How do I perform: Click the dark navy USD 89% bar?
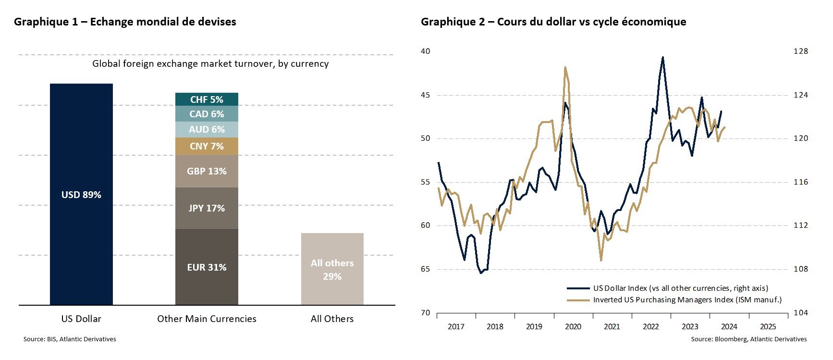(x=81, y=194)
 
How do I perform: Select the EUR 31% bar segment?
(x=207, y=267)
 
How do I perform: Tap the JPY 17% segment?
(x=207, y=208)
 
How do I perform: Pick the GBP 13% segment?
(x=207, y=171)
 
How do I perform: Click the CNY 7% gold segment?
(x=207, y=146)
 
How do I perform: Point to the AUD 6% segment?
(x=207, y=129)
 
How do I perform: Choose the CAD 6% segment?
(x=207, y=114)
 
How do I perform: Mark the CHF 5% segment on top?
(x=207, y=99)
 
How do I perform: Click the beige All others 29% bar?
(x=332, y=269)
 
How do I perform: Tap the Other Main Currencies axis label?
(x=207, y=319)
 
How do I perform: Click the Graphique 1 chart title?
(x=125, y=22)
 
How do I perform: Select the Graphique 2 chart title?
(x=553, y=22)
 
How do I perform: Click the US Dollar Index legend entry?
(x=680, y=288)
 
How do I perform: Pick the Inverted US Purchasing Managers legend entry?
(x=687, y=300)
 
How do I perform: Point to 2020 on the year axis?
(x=573, y=327)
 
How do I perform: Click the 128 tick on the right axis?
(x=800, y=51)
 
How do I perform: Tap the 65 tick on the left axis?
(x=426, y=269)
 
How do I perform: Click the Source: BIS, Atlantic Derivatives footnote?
(x=70, y=339)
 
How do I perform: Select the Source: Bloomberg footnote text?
(x=748, y=339)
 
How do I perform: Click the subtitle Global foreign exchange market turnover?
(x=210, y=63)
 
